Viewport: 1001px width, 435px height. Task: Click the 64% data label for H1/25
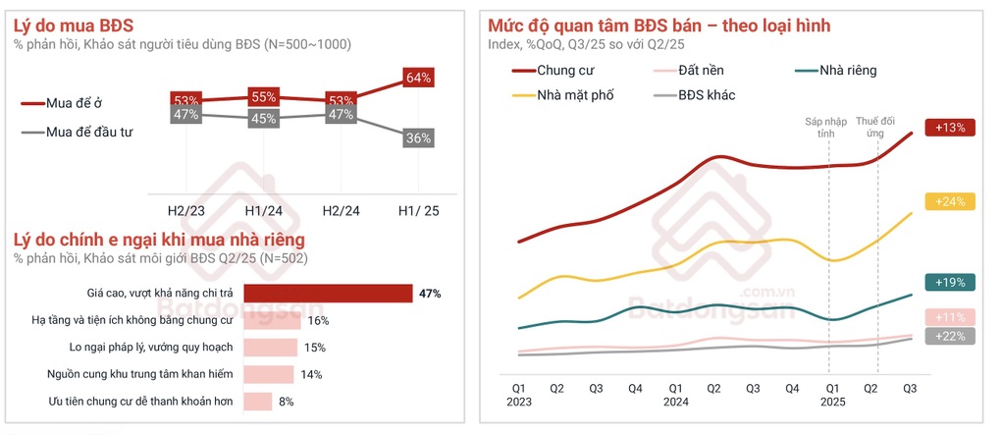click(418, 78)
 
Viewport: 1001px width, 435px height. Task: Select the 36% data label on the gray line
click(418, 138)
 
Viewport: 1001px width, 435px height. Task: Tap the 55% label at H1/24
click(264, 97)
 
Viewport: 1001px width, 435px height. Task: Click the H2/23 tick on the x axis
click(186, 210)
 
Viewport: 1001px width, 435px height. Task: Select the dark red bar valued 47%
click(328, 293)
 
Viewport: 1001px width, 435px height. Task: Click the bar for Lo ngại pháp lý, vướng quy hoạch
click(271, 347)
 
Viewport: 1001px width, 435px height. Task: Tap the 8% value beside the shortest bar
click(286, 401)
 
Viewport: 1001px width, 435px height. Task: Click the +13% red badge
click(953, 128)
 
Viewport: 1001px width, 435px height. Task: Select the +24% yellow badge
click(953, 201)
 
